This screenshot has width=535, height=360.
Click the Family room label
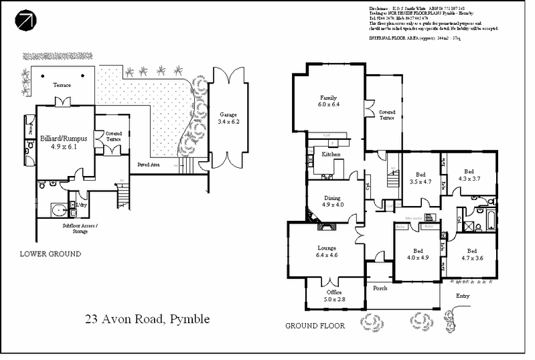pyautogui.click(x=328, y=97)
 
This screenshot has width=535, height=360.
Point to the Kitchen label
pyautogui.click(x=331, y=155)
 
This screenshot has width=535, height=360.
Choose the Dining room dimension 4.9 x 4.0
pyautogui.click(x=333, y=205)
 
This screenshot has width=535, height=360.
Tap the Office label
pyautogui.click(x=333, y=292)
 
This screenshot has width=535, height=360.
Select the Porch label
pyautogui.click(x=380, y=289)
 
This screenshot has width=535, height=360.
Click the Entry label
pyautogui.click(x=463, y=296)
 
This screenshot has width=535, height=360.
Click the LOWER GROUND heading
pyautogui.click(x=50, y=254)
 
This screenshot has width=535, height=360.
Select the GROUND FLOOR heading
pyautogui.click(x=314, y=327)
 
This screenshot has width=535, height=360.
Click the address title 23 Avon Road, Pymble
pyautogui.click(x=147, y=319)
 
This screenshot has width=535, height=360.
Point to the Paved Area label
pyautogui.click(x=148, y=163)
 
